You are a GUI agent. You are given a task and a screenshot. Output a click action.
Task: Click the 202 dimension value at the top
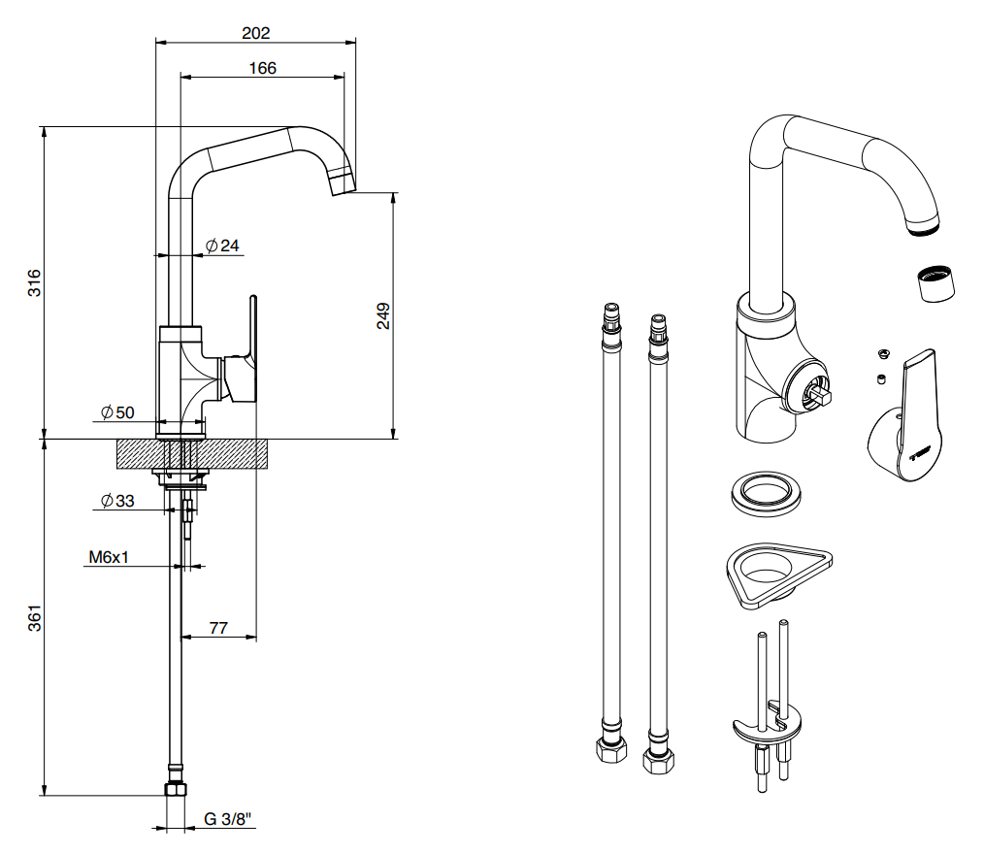click(x=256, y=33)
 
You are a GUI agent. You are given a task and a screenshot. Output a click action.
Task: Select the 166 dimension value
click(x=262, y=68)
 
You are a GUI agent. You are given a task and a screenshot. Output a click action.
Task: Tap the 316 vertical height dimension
click(x=34, y=282)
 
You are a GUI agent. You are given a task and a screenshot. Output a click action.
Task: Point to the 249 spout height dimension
click(x=382, y=315)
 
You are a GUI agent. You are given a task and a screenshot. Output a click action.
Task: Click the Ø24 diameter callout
click(x=223, y=246)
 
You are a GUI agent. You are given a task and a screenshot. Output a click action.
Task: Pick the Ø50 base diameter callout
click(x=117, y=412)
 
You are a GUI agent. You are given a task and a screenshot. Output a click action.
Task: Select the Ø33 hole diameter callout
click(x=117, y=501)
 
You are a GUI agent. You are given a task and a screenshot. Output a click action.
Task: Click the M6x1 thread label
click(x=109, y=557)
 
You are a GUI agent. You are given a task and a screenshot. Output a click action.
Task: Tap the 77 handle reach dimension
click(x=218, y=628)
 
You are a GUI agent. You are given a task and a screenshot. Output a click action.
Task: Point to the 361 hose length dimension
click(x=34, y=617)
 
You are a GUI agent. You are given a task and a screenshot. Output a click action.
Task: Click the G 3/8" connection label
click(x=227, y=819)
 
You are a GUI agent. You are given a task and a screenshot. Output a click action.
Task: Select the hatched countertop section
click(x=193, y=453)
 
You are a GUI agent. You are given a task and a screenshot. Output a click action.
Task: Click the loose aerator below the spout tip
click(x=935, y=283)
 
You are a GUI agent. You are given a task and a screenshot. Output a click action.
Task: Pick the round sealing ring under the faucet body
click(x=767, y=494)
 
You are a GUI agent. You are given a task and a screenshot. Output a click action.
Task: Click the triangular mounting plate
click(x=778, y=575)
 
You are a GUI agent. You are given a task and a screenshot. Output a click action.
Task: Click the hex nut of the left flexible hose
click(x=611, y=750)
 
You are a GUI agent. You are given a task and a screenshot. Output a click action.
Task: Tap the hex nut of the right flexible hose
click(x=658, y=761)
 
